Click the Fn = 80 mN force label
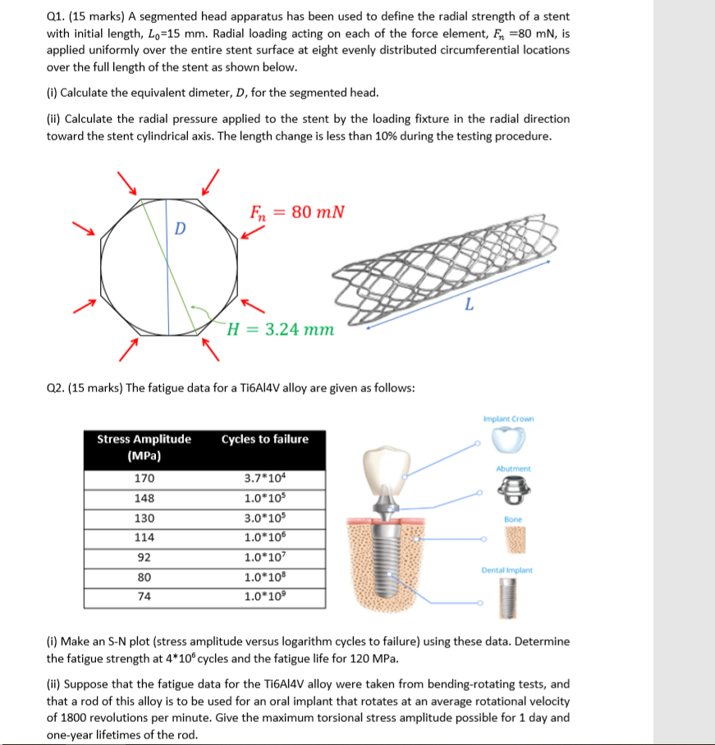pos(296,213)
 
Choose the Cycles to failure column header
pos(264,439)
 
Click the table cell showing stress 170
pos(144,478)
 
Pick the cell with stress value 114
pos(144,537)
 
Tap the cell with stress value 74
pos(144,596)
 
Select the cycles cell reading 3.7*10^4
pos(264,478)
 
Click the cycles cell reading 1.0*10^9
pos(264,596)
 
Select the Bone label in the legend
pos(515,519)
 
